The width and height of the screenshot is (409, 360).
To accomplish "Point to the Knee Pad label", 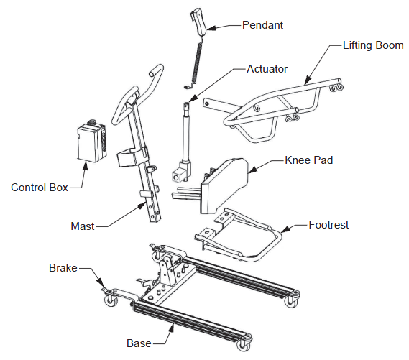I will [x=309, y=160].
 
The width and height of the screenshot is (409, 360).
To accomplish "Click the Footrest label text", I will [x=328, y=225].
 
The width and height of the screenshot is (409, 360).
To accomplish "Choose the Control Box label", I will [x=40, y=188].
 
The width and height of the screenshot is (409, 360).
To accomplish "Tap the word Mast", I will [x=83, y=226].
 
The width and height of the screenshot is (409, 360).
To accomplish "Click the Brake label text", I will [x=63, y=267].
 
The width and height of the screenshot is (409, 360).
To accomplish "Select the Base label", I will [x=139, y=343].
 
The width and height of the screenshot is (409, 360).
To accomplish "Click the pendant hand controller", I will [x=198, y=22].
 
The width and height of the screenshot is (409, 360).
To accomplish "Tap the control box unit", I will [x=91, y=142].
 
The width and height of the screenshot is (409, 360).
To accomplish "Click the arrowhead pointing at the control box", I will [x=87, y=162].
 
